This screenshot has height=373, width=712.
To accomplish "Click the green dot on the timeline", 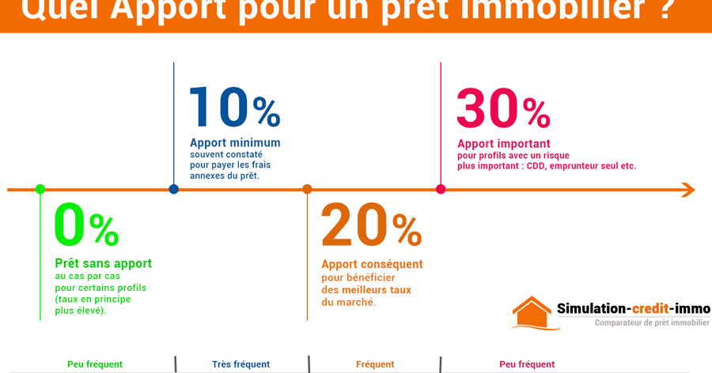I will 40,189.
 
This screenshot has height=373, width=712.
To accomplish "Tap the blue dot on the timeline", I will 174,189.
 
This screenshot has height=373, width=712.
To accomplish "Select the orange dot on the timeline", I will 308,189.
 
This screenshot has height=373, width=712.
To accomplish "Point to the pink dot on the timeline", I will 441,189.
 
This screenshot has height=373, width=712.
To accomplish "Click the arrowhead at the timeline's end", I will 687,190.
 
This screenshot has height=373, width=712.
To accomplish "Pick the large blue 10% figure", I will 234,107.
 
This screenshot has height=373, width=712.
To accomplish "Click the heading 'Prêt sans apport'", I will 103,264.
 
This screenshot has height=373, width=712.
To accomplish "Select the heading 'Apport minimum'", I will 235,143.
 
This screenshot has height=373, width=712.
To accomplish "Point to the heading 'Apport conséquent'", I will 372,264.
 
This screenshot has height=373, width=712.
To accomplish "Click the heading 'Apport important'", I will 504,144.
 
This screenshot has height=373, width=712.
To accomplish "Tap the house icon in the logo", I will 532,313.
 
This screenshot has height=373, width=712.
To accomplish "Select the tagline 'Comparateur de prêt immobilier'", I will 652,322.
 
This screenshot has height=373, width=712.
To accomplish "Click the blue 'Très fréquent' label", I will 241,364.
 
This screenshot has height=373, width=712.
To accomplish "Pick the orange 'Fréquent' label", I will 375,364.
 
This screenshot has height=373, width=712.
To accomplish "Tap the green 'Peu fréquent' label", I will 95,364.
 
